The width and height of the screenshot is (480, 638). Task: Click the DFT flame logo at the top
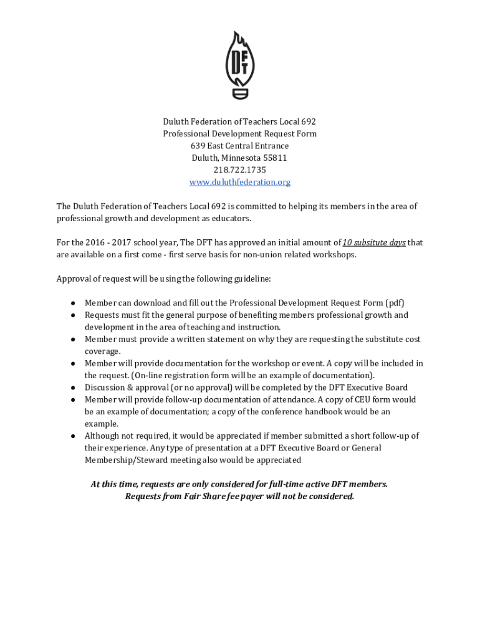240,65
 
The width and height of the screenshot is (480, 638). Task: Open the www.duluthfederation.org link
240,182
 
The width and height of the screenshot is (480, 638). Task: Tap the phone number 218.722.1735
240,170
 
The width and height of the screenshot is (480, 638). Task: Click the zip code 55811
275,158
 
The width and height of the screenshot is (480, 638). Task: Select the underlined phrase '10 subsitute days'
374,242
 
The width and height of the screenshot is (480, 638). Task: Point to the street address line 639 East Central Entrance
240,146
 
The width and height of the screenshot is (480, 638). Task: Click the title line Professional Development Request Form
240,134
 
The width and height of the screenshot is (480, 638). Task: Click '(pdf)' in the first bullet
395,303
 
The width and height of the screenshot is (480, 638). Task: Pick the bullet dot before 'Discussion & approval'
73,388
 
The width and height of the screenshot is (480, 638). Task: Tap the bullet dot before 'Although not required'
73,436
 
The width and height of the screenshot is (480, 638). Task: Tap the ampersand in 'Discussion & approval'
128,388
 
